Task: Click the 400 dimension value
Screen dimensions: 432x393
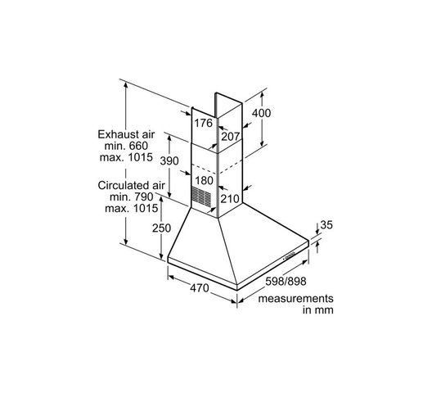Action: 261,113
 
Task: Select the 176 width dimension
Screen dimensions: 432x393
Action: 204,123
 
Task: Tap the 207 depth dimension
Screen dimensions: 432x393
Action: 231,136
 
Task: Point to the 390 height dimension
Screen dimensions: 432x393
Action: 169,160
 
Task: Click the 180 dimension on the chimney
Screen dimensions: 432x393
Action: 205,181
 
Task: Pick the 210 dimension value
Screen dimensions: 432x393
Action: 229,199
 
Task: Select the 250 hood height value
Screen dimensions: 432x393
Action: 162,228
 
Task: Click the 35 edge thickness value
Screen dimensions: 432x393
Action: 326,225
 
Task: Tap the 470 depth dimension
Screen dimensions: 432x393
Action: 200,288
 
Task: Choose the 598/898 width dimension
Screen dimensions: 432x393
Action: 286,282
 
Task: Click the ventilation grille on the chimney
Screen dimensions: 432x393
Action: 201,196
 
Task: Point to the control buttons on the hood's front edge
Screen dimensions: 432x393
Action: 289,256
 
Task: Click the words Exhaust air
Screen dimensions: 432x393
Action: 126,134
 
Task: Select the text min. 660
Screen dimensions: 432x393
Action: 126,146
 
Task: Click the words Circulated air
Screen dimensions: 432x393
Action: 131,185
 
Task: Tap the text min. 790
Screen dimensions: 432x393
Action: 132,197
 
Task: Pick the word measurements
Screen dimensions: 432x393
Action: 295,298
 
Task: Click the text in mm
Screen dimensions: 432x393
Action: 318,310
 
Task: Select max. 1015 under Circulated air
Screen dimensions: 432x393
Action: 132,208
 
